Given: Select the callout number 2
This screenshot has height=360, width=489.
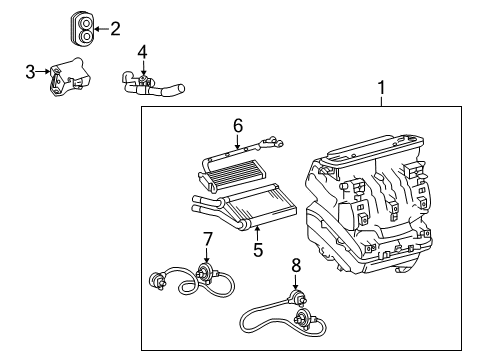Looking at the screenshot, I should [115, 29].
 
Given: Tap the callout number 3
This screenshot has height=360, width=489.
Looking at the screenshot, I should [30, 70].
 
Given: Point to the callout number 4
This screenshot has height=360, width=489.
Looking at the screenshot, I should [143, 51].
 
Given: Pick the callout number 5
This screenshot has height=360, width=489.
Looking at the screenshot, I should [258, 250].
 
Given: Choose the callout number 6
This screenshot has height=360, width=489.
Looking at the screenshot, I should [237, 125].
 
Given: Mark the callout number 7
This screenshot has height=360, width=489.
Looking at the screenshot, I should [208, 240].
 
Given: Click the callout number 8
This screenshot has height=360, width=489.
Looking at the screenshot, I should [296, 266].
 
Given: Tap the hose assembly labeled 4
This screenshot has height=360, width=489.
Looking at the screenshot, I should [155, 84].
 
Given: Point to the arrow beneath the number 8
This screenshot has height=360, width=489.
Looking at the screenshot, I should [296, 284].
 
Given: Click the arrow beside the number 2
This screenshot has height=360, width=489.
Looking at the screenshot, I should [102, 29].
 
